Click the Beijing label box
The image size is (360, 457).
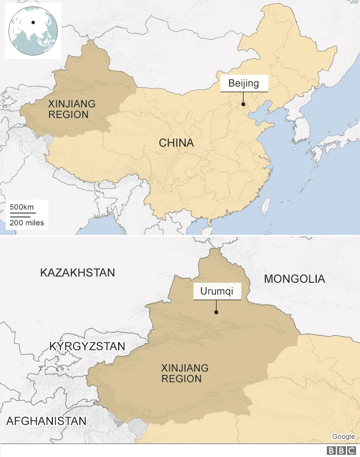pos(244,84)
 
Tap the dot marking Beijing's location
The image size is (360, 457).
pos(243,104)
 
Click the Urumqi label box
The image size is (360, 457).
pos(217,292)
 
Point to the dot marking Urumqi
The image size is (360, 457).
pos(217,312)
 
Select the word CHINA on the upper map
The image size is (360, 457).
pos(176,143)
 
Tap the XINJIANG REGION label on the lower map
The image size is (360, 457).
pos(184,373)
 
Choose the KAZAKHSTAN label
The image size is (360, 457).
pos(78,273)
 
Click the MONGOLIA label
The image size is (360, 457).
pos(294,279)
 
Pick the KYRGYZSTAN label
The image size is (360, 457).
pos(87,346)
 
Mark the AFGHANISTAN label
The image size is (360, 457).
pos(46,421)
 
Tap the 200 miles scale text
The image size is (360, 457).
pos(26,223)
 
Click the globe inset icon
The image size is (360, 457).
pos(33,31)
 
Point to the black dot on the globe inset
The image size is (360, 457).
pos(33,23)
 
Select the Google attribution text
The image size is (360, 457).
pos(343,437)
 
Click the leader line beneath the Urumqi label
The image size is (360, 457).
pos(217,305)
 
